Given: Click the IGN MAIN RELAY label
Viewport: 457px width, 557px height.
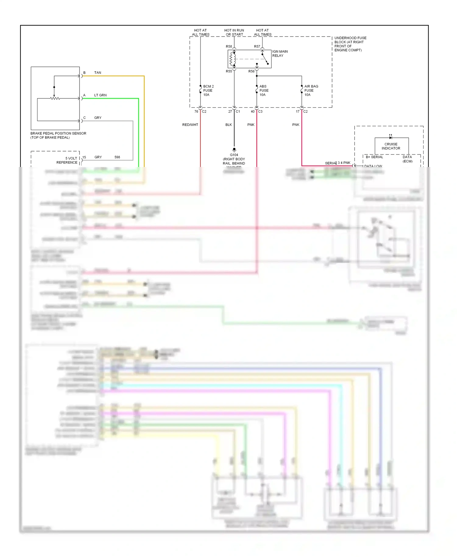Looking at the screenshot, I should tap(279, 54).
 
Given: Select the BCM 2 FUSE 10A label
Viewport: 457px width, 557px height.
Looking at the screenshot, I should tap(208, 90).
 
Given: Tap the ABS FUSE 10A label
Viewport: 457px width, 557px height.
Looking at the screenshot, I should tap(264, 90).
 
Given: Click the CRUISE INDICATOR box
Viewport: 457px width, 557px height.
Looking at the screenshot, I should tap(391, 146).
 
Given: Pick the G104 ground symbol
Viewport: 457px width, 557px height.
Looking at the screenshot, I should tap(234, 150).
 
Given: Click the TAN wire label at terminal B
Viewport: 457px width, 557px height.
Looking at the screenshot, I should tap(97, 73).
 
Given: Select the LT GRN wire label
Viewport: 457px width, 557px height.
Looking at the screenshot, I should tap(100, 95).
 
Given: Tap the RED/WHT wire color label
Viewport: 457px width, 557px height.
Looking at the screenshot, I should tap(190, 125).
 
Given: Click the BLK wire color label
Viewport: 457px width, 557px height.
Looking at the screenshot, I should tap(228, 125).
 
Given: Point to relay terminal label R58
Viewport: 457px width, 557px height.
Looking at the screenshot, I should tap(229, 47).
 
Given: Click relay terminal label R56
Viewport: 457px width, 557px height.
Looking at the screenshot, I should tap(251, 71).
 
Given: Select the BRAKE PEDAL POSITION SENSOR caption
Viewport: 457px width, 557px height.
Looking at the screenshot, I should tap(58, 135).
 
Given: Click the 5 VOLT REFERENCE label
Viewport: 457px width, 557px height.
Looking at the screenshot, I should tap(67, 160).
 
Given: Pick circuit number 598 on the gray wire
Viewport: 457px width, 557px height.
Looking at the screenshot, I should tap(117, 157).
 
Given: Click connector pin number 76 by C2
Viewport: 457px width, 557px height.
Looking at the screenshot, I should tap(196, 112).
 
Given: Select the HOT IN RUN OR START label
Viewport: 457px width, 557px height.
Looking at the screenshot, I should tap(234, 32).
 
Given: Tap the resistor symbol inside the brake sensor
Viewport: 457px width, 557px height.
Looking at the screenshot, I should tap(55, 98).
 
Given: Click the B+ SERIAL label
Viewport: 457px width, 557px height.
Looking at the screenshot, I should tap(374, 157).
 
